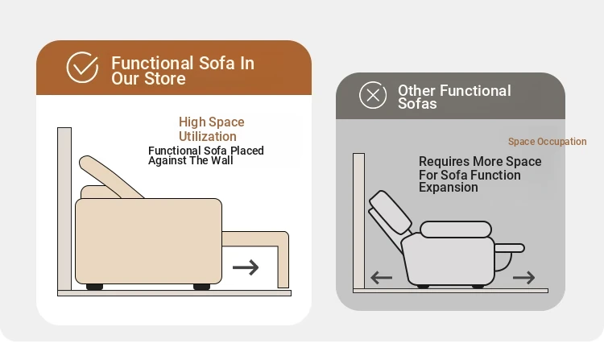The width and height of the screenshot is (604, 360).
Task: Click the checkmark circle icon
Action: pos(82,68)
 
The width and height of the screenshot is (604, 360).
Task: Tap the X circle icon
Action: pos(373,95)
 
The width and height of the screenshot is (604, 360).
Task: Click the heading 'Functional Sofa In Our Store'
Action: pos(183,70)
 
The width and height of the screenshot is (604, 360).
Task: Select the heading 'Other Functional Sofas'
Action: pos(454,97)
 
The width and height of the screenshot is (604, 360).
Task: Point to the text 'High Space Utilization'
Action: pos(212,129)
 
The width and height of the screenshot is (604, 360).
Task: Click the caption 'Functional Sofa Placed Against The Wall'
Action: pos(206,155)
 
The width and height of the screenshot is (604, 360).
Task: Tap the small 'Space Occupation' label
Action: pos(548,141)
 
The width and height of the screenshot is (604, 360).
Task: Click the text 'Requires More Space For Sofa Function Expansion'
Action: pos(480,174)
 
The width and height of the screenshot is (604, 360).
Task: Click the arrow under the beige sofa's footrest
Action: pos(246,267)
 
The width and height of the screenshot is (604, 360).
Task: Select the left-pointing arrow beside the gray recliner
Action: pos(382,277)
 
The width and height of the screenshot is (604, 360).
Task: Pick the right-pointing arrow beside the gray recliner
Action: pos(524,277)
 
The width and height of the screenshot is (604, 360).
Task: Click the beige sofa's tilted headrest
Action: pos(110,177)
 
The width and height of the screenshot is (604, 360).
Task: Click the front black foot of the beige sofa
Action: pos(201,287)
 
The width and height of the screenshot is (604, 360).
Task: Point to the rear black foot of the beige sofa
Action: pos(94,287)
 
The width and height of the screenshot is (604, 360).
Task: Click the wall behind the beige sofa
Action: pos(64,209)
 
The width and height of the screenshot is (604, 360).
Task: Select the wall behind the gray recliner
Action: pos(358,221)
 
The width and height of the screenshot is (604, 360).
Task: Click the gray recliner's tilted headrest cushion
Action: pos(391,212)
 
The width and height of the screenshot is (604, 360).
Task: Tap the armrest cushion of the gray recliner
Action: pos(456,230)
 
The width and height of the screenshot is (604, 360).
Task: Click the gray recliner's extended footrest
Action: pos(509,248)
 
